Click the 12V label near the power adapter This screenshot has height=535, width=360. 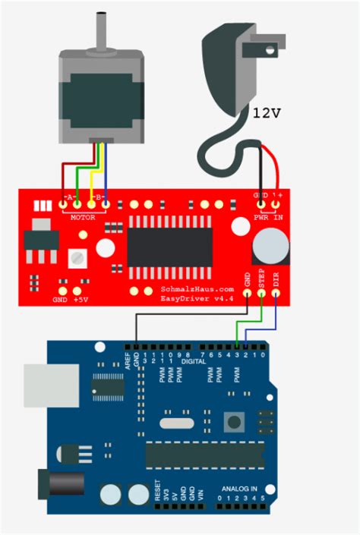[x=267, y=113]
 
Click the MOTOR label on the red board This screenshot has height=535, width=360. [x=84, y=217]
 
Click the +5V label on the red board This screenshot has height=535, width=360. [x=81, y=299]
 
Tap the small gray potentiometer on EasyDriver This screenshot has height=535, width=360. [x=77, y=258]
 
